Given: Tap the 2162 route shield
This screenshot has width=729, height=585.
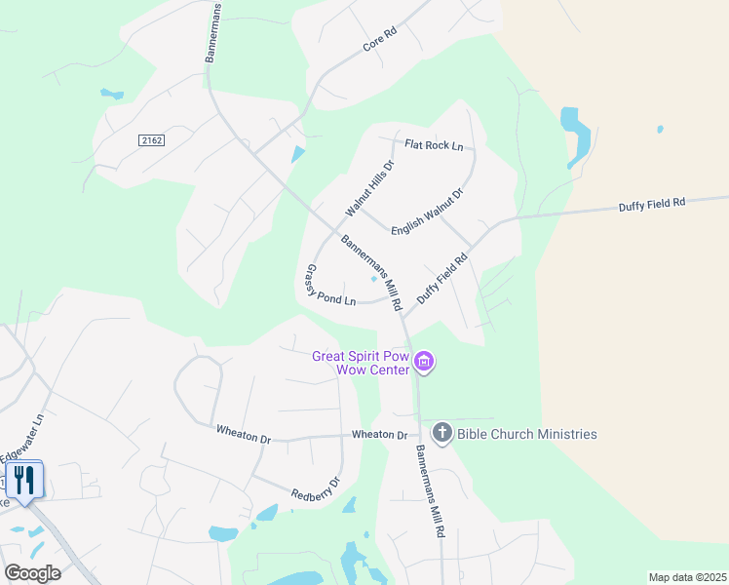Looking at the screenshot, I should [151, 140].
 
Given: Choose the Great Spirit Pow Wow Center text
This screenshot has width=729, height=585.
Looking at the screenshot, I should [360, 363].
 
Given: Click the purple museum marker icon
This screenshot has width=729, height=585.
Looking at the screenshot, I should [424, 364].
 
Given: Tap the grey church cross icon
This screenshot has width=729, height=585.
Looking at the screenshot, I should [441, 433].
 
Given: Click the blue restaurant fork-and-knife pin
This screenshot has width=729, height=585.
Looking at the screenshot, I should [23, 479].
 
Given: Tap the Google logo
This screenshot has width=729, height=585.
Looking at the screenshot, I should [32, 572].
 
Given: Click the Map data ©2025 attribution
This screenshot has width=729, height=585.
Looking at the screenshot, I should [687, 577].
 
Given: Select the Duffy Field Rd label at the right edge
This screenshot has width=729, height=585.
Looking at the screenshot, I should [652, 204].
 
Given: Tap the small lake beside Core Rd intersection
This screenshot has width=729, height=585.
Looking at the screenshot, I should [296, 154].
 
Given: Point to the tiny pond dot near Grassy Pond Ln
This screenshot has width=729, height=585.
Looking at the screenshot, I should [373, 279].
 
